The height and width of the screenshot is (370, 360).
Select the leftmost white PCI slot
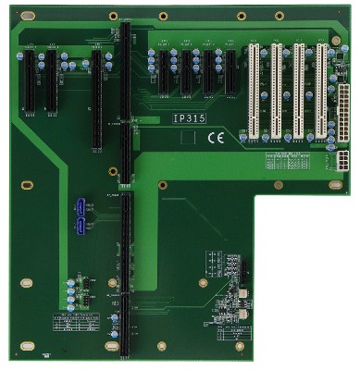point(250,91)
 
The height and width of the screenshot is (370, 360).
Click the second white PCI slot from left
point(275,91)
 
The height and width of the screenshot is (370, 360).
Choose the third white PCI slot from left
point(299,91)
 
